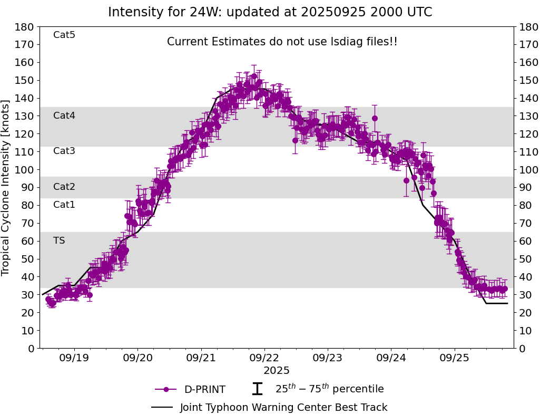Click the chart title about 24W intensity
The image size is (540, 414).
[x=270, y=12]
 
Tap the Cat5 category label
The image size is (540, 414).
[x=64, y=35]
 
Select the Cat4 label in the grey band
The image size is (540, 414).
[x=64, y=115]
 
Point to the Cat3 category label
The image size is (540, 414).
[x=64, y=151]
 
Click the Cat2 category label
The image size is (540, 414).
[x=64, y=187]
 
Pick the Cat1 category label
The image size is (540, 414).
[x=64, y=205]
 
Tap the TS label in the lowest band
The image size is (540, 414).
[x=59, y=240]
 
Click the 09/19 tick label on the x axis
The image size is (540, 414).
[x=74, y=358]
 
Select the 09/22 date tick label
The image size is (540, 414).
[x=264, y=358]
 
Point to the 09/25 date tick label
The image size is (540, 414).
[x=454, y=358]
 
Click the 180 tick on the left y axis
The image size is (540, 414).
[x=25, y=27]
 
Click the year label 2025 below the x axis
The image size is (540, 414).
[x=277, y=371]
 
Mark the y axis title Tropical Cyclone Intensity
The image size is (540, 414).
[x=6, y=187]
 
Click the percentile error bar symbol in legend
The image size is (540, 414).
[x=257, y=389]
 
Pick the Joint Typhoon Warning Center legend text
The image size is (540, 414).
[x=283, y=407]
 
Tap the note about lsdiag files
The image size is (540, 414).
[x=282, y=42]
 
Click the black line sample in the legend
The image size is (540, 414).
[x=162, y=407]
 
